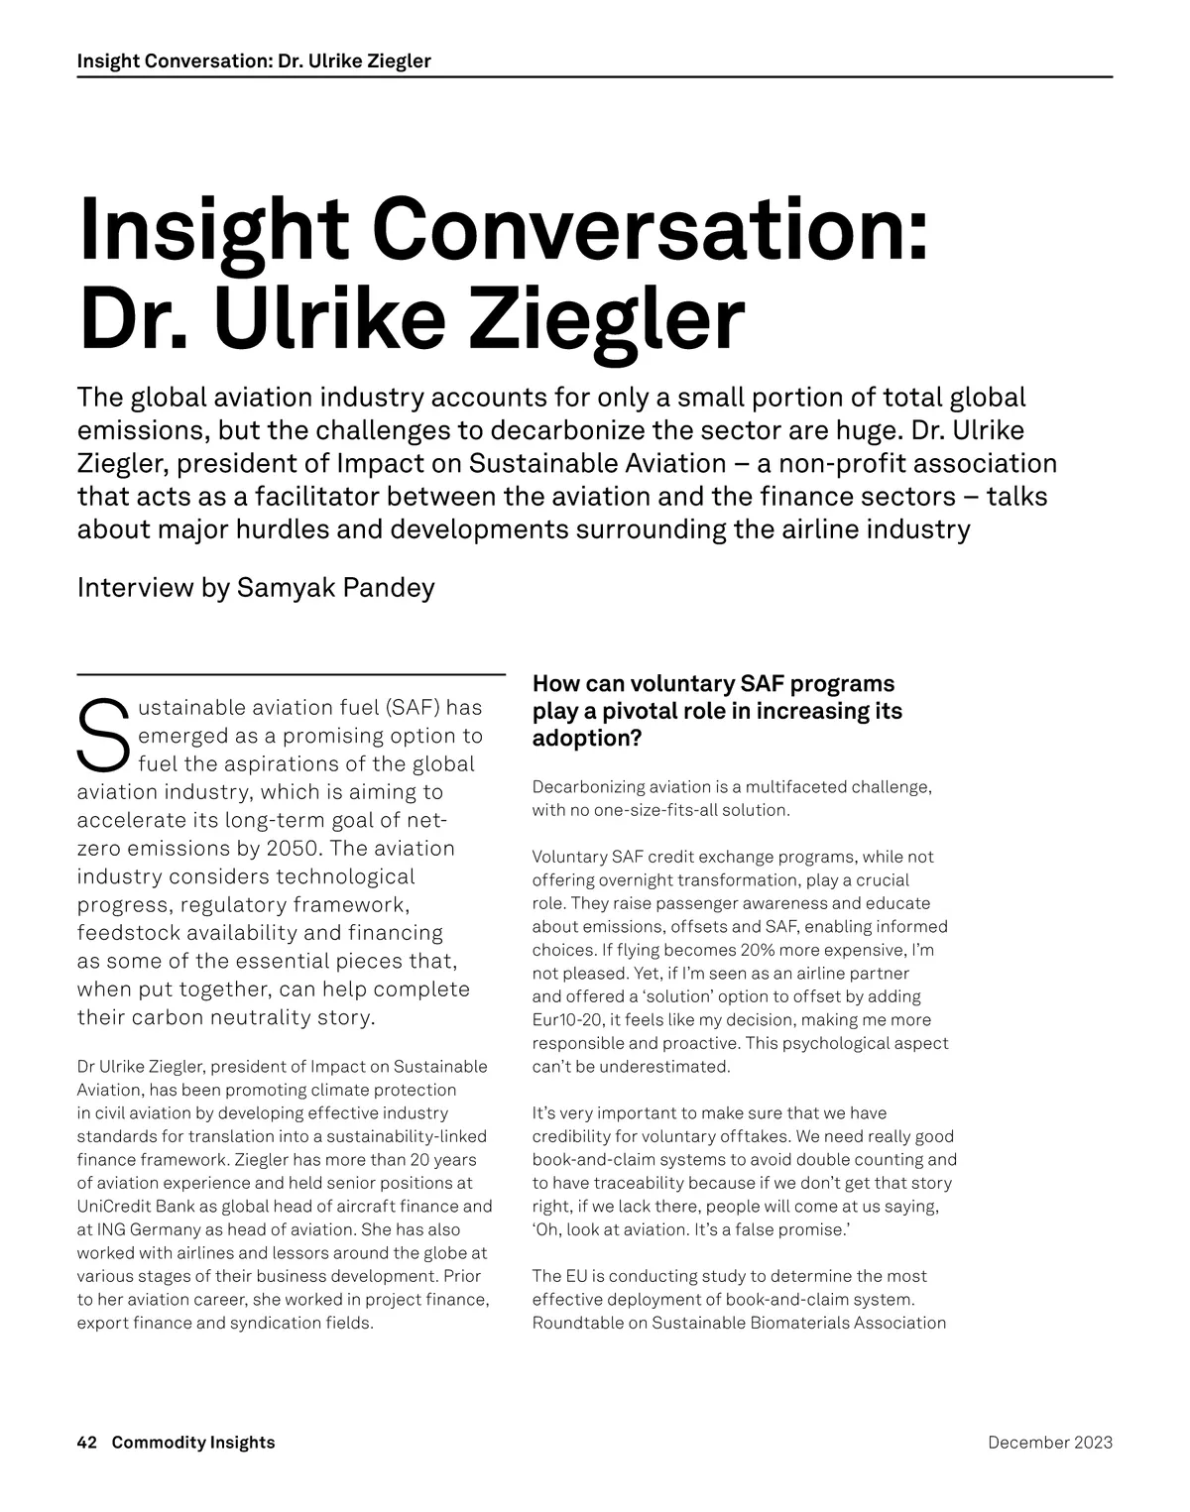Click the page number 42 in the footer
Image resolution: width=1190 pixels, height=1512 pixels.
coord(87,1443)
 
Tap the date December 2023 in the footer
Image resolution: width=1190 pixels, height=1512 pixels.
coord(1050,1443)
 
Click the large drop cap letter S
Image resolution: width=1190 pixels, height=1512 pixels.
coord(102,736)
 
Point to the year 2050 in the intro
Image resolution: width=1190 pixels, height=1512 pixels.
coord(292,849)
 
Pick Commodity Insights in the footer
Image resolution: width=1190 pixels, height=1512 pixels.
coord(193,1443)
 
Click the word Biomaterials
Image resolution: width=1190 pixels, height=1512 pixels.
coord(794,1323)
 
